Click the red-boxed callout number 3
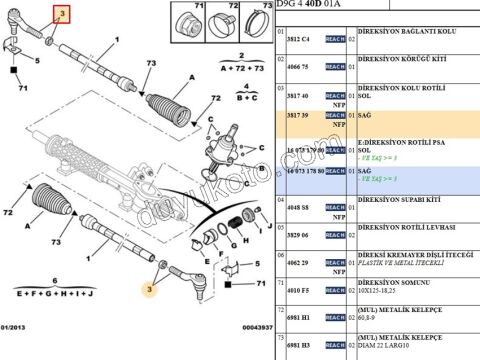[61, 13]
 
